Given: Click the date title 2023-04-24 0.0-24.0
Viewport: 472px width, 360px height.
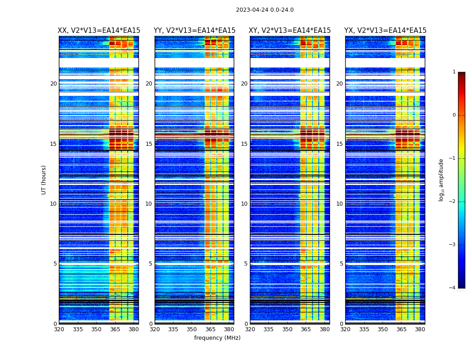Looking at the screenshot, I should click(265, 10).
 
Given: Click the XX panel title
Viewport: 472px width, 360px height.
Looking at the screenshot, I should click(99, 31).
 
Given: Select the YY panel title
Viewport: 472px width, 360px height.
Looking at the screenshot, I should click(195, 31).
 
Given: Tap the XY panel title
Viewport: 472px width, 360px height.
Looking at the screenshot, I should click(290, 31).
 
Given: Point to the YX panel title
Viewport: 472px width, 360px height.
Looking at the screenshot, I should click(385, 31).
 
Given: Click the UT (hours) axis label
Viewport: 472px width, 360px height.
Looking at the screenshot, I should click(44, 180).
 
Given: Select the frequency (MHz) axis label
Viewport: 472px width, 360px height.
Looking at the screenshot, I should click(217, 338).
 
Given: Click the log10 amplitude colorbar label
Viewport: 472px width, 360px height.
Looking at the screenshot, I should click(441, 180).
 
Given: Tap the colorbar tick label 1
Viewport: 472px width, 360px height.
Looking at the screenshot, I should click(454, 72).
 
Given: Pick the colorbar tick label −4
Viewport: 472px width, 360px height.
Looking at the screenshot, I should click(453, 288).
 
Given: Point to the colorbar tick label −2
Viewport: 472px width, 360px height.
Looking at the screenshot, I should click(453, 202).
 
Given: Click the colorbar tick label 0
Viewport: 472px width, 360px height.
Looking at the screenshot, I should click(454, 115).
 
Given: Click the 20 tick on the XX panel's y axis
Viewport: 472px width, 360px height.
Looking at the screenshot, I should click(53, 84).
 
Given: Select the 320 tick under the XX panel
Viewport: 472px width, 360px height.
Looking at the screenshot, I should click(59, 329).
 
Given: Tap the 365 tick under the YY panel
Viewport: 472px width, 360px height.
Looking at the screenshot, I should click(210, 329).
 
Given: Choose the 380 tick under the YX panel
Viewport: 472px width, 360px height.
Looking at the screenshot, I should click(420, 329).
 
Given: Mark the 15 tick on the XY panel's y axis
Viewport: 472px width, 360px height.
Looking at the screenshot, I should click(244, 144).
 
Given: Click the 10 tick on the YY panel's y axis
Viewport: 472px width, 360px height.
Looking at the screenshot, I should click(149, 204).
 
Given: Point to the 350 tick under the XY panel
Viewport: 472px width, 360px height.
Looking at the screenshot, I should click(287, 329).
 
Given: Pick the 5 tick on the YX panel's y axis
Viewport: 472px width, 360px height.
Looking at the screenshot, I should click(342, 264).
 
